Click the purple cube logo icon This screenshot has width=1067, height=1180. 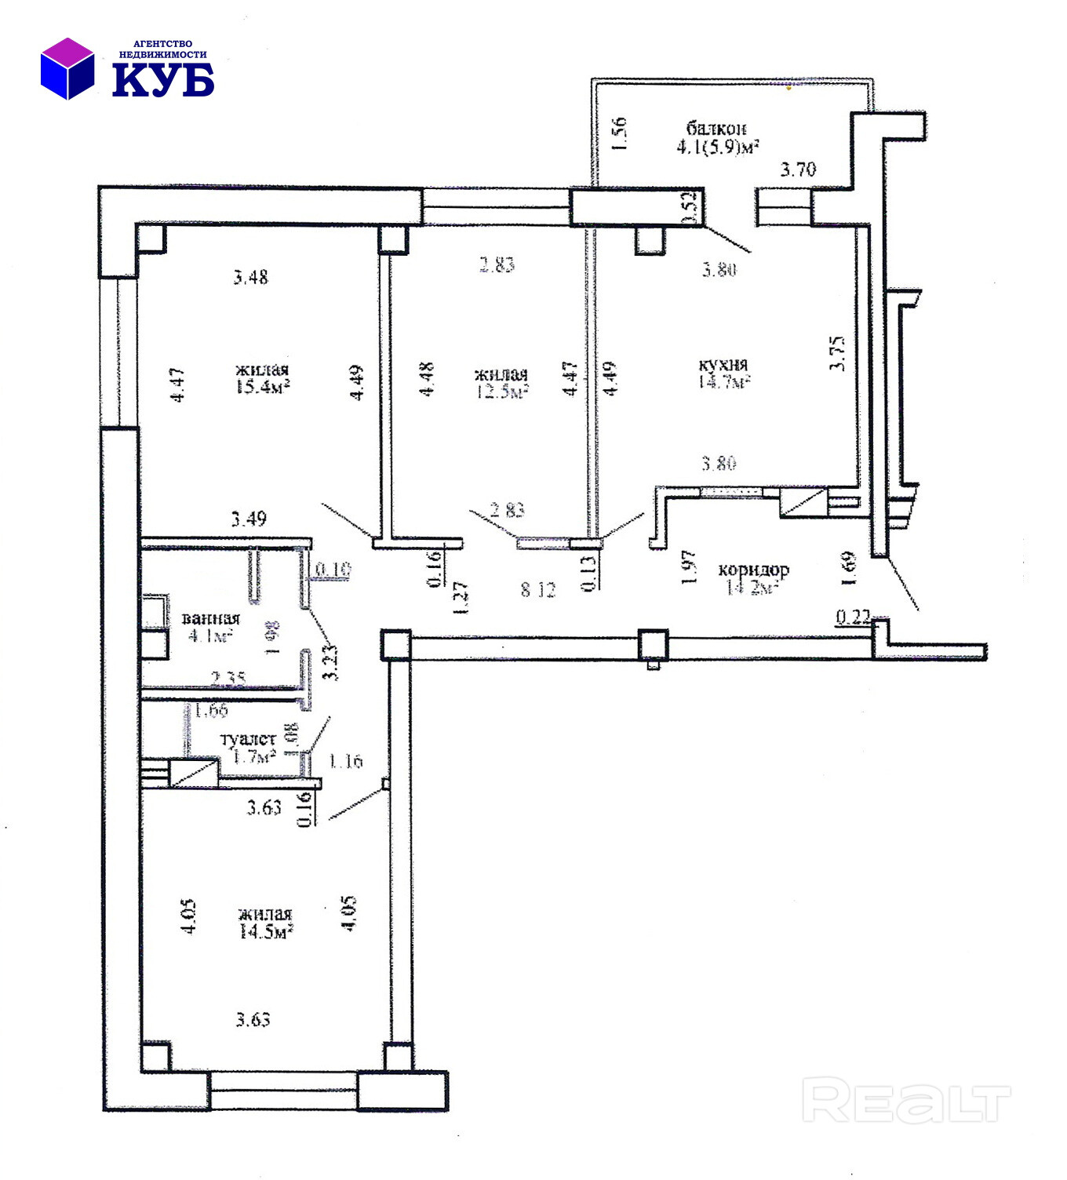pos(67,68)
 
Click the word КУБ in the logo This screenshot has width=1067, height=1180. pos(163,80)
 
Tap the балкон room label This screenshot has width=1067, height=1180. pos(716,128)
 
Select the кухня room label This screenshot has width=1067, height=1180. pos(723,365)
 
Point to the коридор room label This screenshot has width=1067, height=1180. pos(753,570)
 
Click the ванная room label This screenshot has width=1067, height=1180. pos(210,618)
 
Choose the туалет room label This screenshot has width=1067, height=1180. pos(248,739)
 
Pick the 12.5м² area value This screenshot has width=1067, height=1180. pos(501,392)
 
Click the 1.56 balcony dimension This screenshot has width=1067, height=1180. pos(619,134)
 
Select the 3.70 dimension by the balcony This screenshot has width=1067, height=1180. pos(797,169)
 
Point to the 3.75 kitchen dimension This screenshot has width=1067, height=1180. pos(838,353)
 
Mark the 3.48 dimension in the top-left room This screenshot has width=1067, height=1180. pos(251,277)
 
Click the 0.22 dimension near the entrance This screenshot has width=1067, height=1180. pos(853,617)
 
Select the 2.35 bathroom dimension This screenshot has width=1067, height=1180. pos(229,678)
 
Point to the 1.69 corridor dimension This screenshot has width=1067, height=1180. pos(847,568)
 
